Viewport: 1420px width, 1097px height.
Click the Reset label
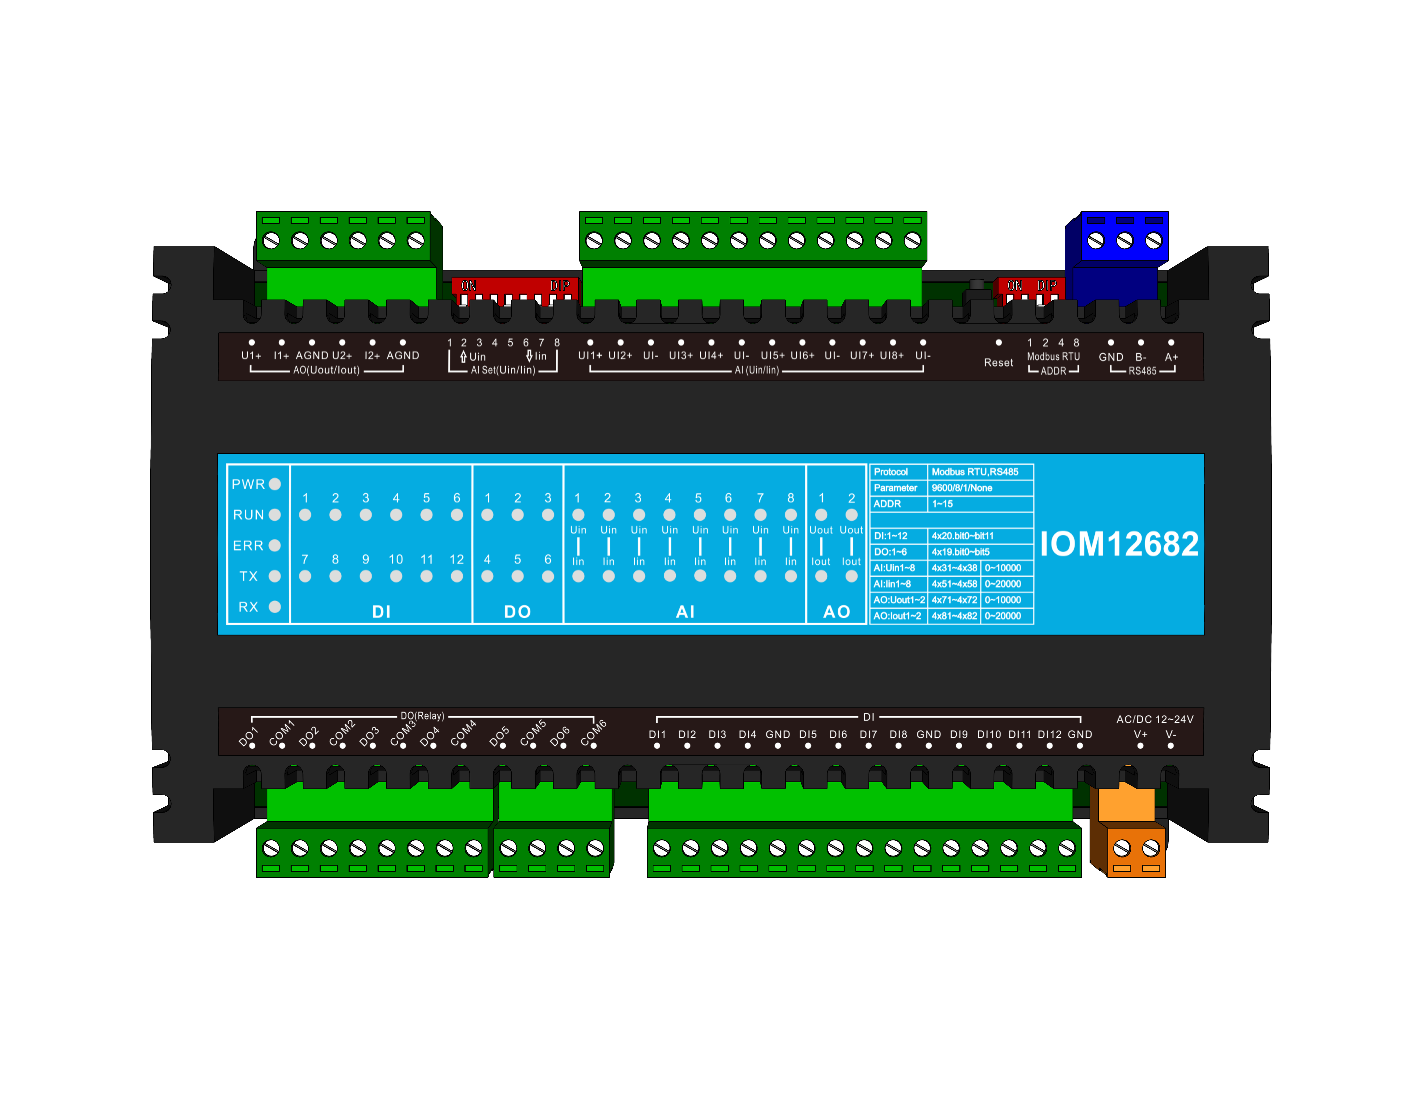pyautogui.click(x=998, y=363)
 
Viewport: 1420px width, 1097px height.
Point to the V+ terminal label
pyautogui.click(x=1140, y=734)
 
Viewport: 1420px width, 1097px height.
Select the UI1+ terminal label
pyautogui.click(x=590, y=355)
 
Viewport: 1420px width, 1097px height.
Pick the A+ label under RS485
pyautogui.click(x=1171, y=357)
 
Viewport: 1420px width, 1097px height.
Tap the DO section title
pyautogui.click(x=518, y=611)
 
